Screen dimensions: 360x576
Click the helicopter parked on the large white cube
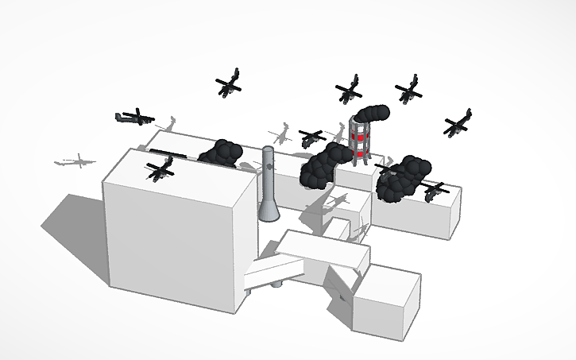pyautogui.click(x=162, y=168)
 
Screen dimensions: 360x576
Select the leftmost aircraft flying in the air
pyautogui.click(x=133, y=118)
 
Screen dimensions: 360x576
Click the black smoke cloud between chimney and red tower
pyautogui.click(x=319, y=168)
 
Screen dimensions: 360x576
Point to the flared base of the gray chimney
pyautogui.click(x=269, y=211)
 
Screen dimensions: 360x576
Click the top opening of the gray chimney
pyautogui.click(x=269, y=149)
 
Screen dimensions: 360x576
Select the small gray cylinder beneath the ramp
pyautogui.click(x=276, y=282)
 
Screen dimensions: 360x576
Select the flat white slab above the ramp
pyautogui.click(x=326, y=249)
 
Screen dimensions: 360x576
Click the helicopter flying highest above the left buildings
pyautogui.click(x=229, y=83)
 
